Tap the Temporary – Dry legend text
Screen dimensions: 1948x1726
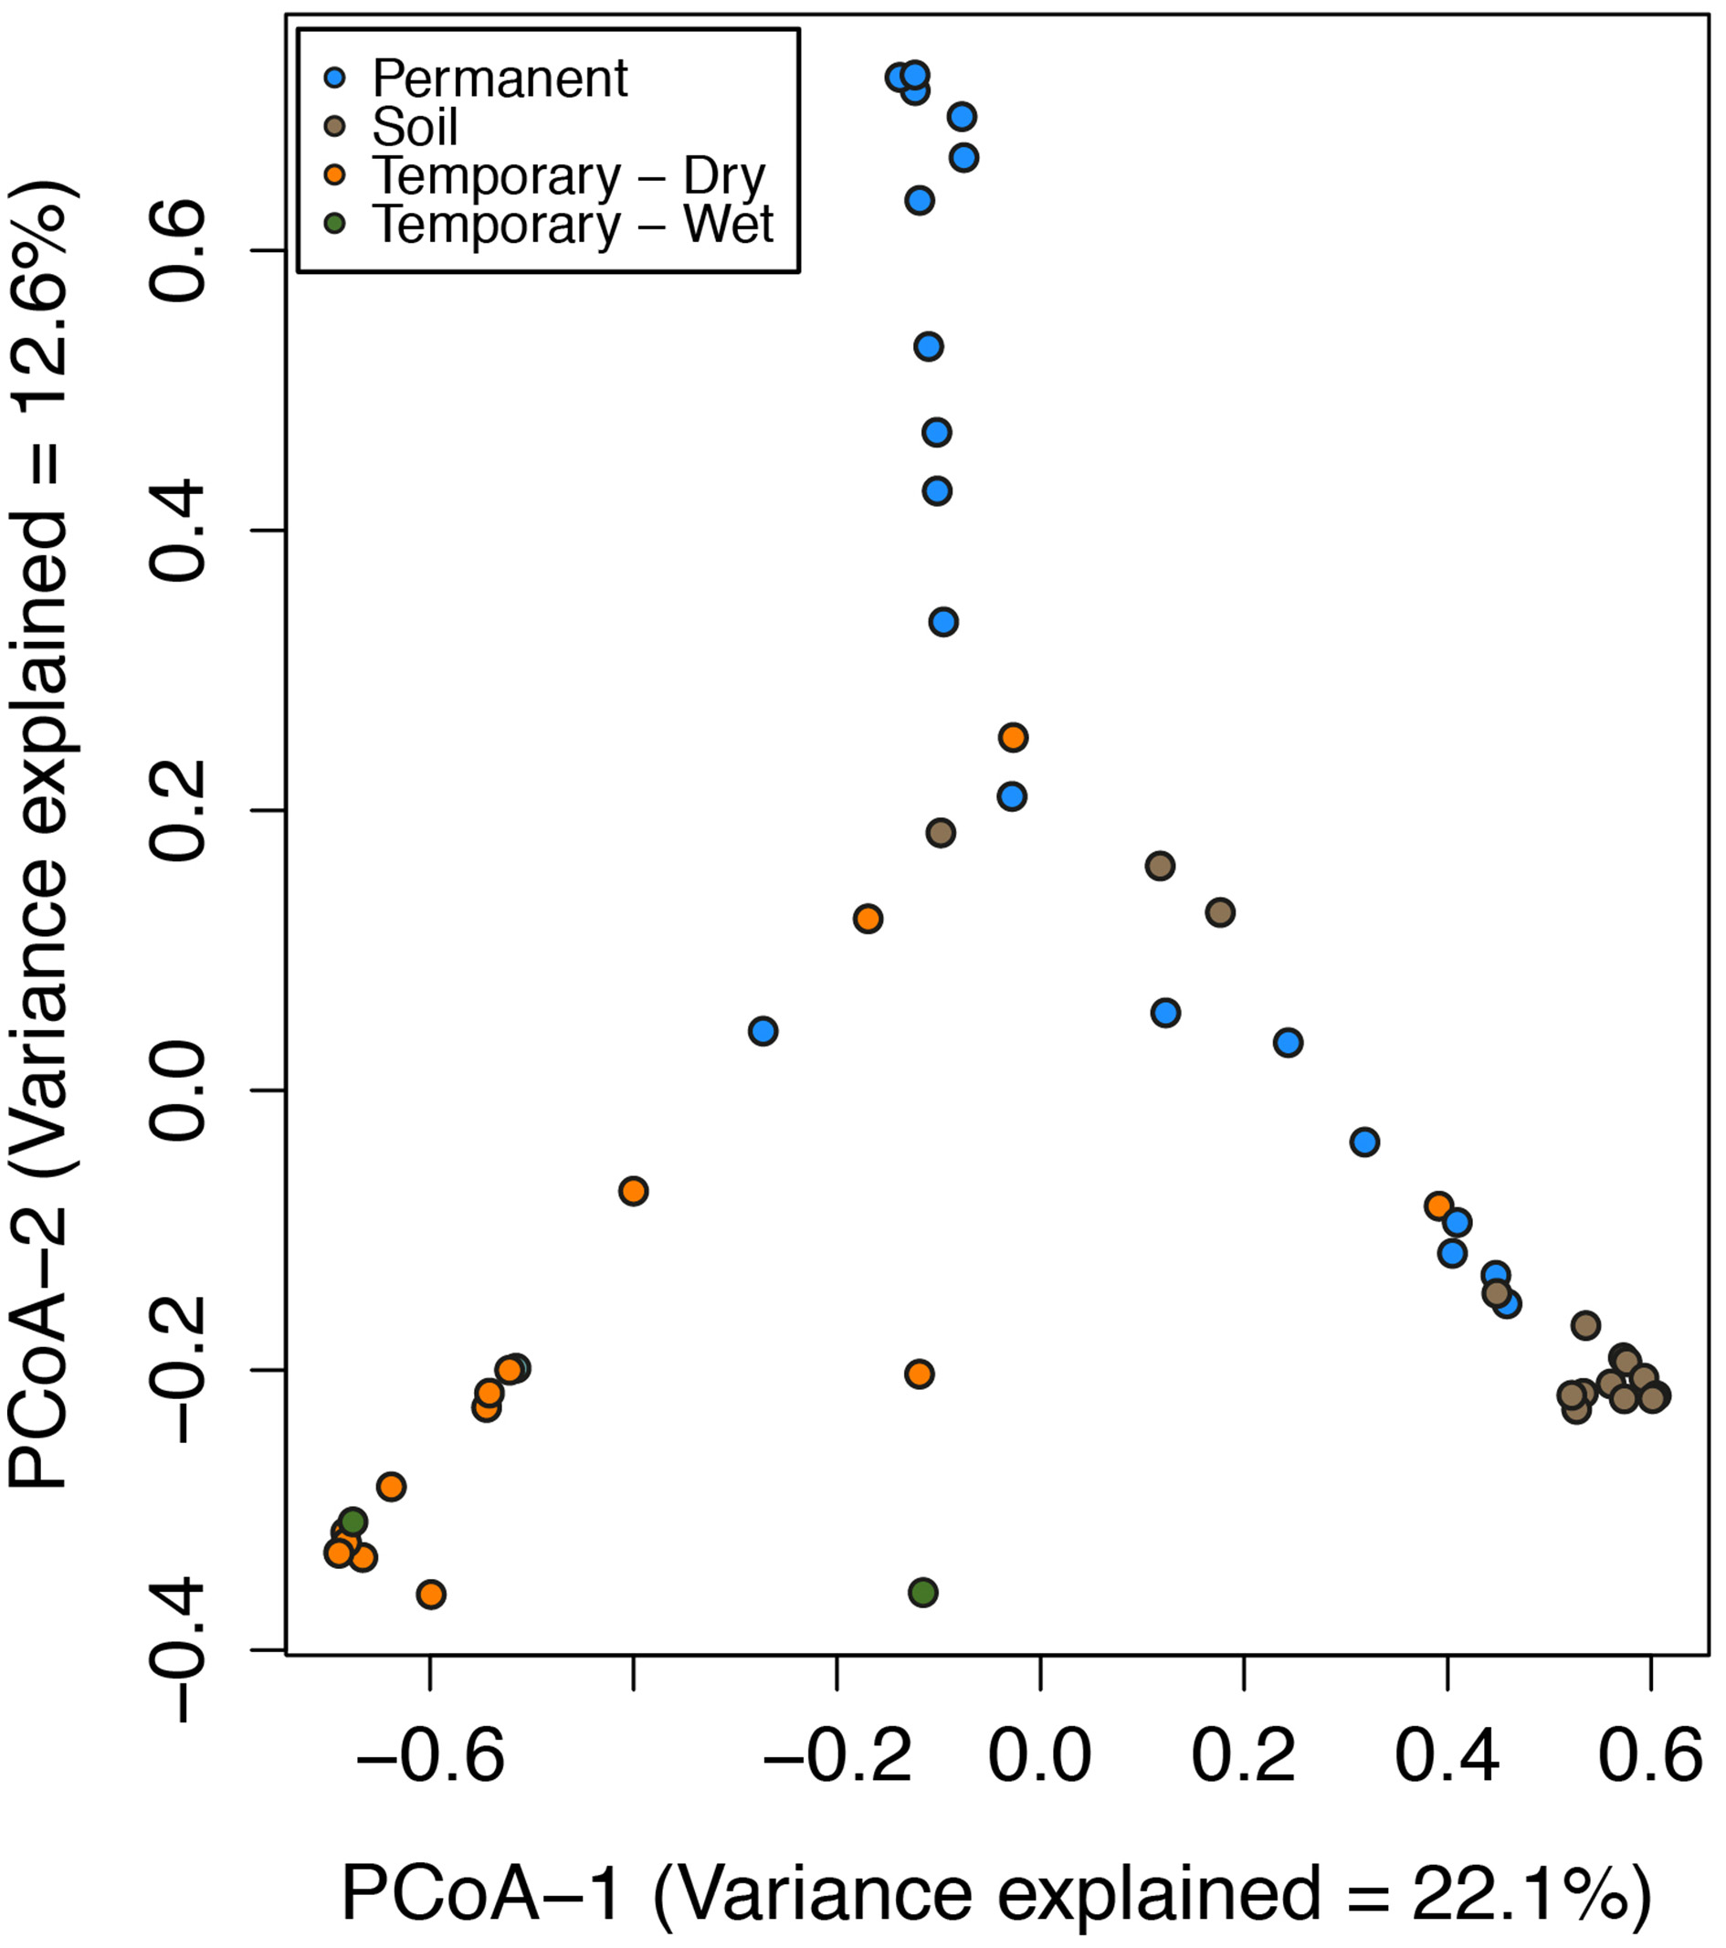[568, 175]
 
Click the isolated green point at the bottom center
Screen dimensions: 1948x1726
[922, 1593]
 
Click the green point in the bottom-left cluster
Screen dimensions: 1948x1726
[353, 1522]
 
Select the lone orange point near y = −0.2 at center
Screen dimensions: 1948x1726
[919, 1374]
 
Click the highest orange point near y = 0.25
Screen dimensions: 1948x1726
[1013, 738]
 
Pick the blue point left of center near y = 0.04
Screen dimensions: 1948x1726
[763, 1031]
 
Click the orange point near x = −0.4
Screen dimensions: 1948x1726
[633, 1191]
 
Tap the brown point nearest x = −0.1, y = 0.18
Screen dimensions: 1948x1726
[941, 833]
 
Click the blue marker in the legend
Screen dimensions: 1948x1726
[334, 79]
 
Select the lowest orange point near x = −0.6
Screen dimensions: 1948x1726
[431, 1595]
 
